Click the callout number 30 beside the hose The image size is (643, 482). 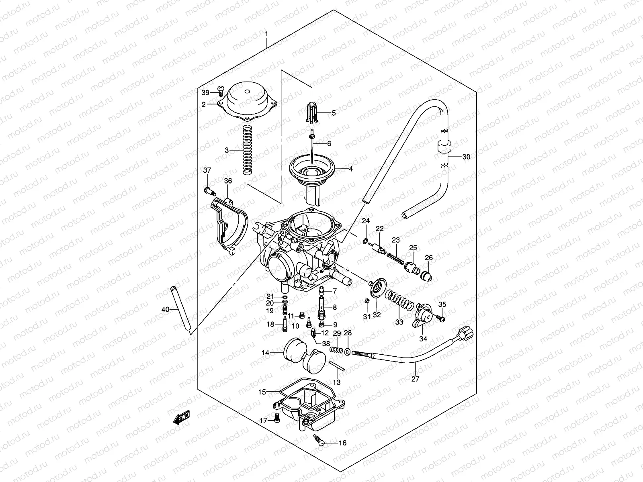click(466, 157)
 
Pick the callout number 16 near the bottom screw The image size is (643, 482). click(342, 443)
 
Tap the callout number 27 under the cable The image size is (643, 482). click(416, 378)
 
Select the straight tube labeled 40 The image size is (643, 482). click(180, 309)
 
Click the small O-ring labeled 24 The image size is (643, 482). click(365, 241)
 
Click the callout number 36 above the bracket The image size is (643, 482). click(228, 181)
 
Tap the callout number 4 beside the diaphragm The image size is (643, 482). click(350, 169)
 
